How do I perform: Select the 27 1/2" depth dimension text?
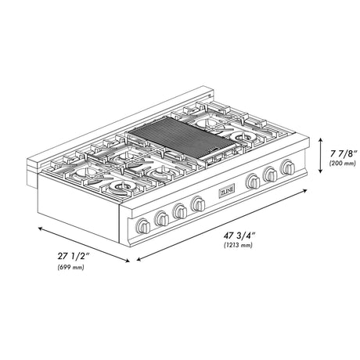click(x=72, y=256)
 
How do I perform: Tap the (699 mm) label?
click(x=72, y=268)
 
